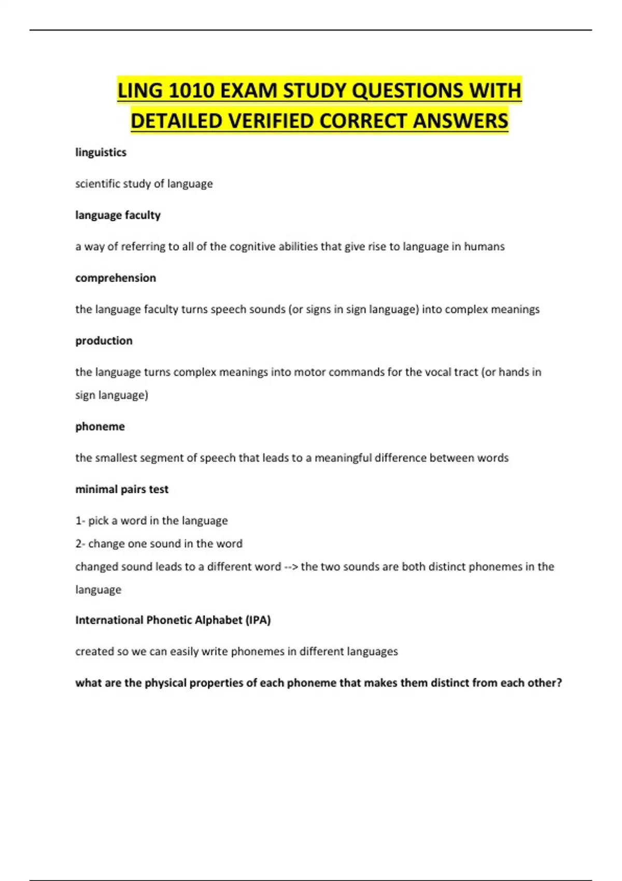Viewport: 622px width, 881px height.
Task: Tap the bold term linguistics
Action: click(101, 152)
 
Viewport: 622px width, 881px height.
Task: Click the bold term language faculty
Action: click(118, 215)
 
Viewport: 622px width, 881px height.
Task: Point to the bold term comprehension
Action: click(116, 278)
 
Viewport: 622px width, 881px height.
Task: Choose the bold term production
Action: click(104, 340)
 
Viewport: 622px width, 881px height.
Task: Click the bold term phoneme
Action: click(100, 427)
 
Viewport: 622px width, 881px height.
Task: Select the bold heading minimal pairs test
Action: click(122, 489)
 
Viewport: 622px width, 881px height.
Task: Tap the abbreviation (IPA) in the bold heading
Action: click(258, 620)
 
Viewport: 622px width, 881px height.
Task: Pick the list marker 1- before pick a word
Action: click(80, 521)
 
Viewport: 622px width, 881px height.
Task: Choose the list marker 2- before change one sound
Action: click(80, 544)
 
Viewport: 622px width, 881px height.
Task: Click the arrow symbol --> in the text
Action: click(291, 567)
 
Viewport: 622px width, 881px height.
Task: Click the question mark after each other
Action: click(559, 683)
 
